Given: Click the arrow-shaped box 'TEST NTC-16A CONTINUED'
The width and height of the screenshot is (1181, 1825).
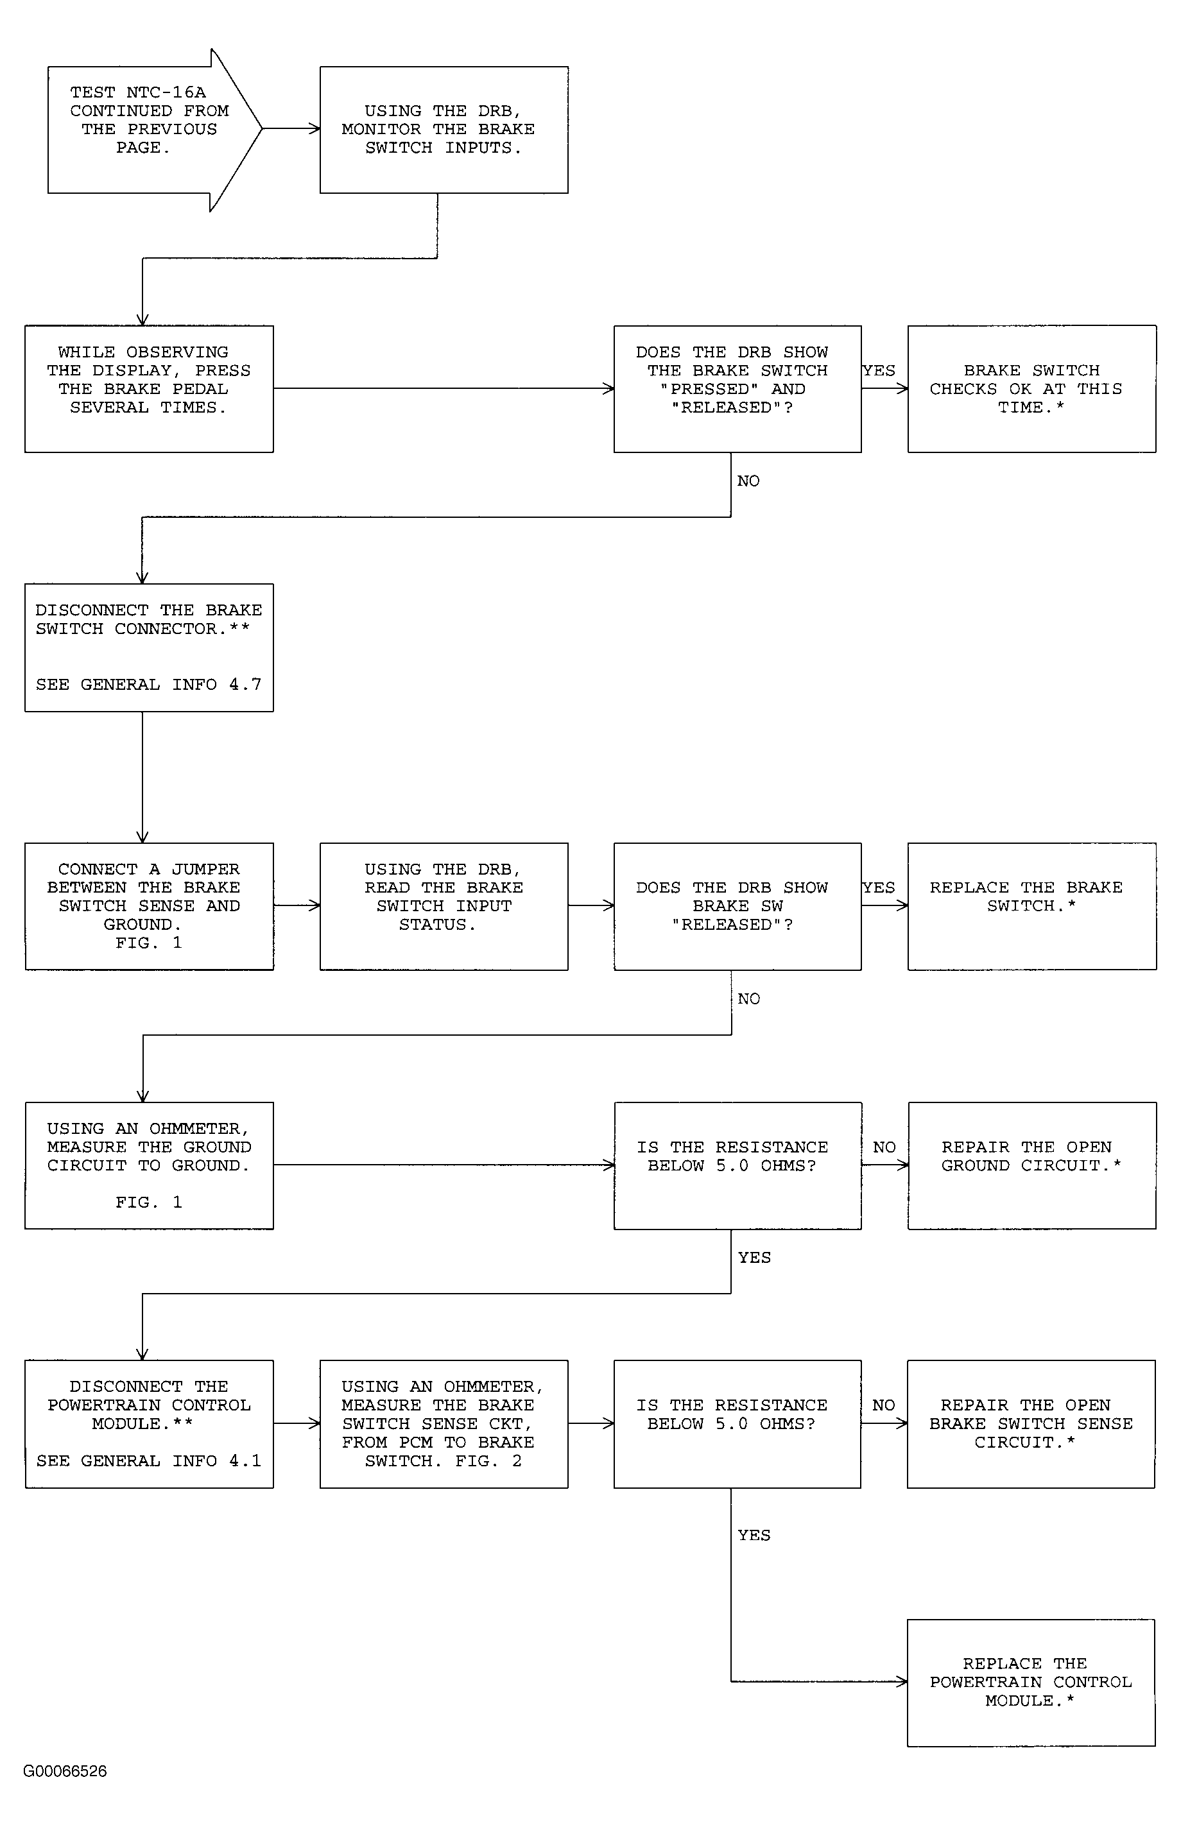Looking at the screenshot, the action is coord(153,130).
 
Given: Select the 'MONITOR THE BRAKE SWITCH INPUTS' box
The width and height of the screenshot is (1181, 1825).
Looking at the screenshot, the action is coord(444,130).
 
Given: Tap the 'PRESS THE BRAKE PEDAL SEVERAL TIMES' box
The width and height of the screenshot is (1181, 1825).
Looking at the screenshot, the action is coord(149,389).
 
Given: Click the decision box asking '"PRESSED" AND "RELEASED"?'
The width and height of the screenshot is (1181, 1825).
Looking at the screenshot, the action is coord(737,389).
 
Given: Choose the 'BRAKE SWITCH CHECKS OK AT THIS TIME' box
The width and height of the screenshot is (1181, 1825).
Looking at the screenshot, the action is coord(1031,389).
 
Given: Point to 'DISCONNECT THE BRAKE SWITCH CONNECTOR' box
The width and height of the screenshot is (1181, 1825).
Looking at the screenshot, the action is coord(149,647).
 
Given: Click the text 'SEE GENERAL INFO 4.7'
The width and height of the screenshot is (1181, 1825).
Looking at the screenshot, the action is coord(149,685).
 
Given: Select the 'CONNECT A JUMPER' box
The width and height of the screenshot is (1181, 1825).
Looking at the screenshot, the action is coord(149,907).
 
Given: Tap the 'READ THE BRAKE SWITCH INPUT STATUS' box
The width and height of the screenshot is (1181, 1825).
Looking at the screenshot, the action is coord(444,907).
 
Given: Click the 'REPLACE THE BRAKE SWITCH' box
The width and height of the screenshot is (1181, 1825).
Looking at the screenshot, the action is coord(1031,907).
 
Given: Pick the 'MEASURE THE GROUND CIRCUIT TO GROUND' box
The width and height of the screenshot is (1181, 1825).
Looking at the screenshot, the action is coord(149,1166).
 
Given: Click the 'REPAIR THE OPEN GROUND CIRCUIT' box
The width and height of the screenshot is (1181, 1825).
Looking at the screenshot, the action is coord(1031,1166).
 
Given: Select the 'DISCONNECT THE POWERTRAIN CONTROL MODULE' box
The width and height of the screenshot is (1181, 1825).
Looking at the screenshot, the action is coord(149,1424).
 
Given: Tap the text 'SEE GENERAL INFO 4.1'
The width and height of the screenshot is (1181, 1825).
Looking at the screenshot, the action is coord(149,1461).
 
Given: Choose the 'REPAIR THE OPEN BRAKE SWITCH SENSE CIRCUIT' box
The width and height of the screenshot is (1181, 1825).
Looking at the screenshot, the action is coord(1031,1424).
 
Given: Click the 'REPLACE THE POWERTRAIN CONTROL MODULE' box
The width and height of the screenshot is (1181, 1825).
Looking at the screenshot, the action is coord(1031,1683).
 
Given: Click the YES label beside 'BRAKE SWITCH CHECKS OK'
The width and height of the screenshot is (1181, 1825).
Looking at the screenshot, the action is coord(879,371).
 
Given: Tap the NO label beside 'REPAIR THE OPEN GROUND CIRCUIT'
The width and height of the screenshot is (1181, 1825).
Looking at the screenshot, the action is coord(884,1147).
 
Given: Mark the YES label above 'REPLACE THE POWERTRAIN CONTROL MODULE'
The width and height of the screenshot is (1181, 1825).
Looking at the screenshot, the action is coord(754,1535).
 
